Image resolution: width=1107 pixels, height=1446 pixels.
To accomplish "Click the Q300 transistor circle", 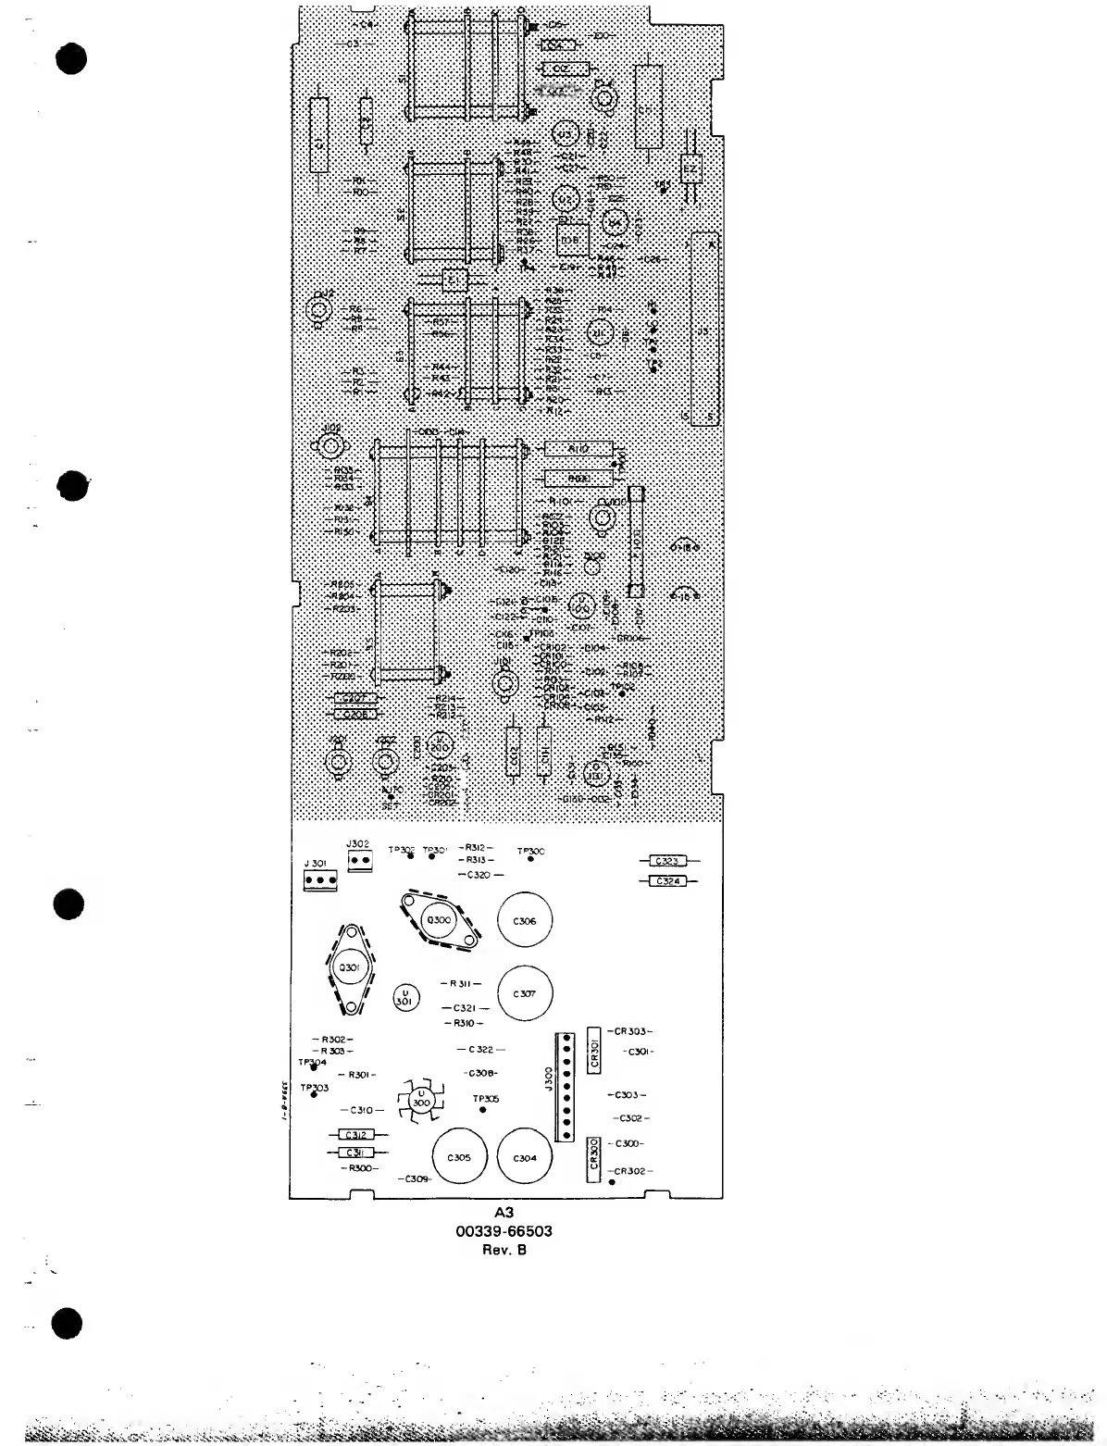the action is [x=437, y=919].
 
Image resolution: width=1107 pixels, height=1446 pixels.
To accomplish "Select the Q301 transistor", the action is [x=352, y=966].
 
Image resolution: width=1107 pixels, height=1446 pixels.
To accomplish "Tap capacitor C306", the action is [x=524, y=921].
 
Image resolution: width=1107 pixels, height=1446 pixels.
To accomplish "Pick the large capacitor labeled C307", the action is [x=524, y=993].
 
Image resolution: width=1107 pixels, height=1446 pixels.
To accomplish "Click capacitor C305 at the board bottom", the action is [x=459, y=1157].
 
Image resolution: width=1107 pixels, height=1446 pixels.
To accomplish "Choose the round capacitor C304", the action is [x=524, y=1157].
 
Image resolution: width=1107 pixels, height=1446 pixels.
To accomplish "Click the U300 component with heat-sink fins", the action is [x=420, y=1102].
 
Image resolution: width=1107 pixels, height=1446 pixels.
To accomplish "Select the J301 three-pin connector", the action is [x=319, y=878].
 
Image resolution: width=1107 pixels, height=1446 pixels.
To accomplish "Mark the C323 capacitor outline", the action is [x=667, y=861].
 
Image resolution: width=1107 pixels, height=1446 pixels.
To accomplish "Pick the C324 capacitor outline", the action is [x=667, y=881].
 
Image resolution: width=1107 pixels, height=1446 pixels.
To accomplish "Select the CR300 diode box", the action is [x=594, y=1158].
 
